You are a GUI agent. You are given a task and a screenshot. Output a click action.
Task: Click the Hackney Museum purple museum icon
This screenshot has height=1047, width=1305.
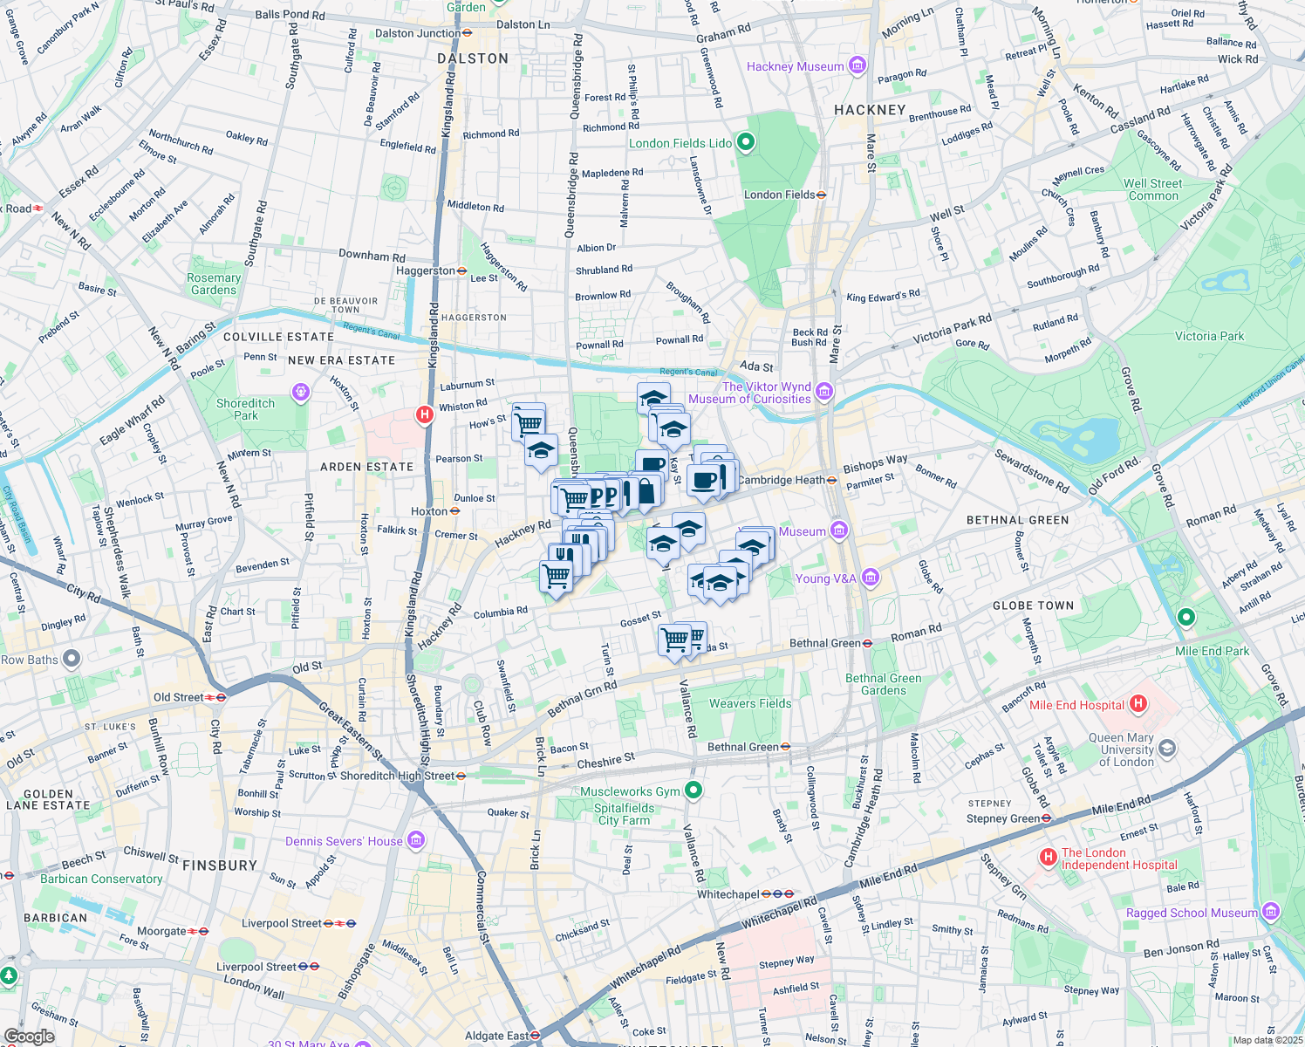857,65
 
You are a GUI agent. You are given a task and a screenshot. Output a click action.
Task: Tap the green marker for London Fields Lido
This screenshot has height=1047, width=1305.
745,142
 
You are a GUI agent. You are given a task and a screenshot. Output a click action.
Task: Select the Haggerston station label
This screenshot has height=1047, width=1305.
426,270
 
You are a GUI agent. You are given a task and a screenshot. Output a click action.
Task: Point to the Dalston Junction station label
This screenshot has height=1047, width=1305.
418,33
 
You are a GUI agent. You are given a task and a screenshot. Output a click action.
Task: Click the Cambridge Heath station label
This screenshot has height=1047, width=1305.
781,480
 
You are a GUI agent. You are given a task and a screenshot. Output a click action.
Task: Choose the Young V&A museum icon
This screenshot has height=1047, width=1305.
870,578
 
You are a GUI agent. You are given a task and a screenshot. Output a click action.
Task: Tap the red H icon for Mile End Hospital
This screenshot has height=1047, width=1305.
1138,703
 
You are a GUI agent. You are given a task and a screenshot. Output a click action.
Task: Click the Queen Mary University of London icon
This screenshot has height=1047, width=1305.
1167,749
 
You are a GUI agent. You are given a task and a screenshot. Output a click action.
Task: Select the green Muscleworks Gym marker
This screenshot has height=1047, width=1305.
693,790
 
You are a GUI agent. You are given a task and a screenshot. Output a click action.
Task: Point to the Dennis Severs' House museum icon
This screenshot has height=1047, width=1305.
416,840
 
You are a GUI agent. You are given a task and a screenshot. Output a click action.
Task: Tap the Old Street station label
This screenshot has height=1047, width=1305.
179,697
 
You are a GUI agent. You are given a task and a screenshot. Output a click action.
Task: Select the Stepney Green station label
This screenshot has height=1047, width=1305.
1003,818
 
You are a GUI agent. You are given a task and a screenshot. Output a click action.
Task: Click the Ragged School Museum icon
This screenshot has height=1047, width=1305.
1270,912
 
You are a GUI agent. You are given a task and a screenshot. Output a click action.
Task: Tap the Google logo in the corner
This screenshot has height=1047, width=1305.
29,1036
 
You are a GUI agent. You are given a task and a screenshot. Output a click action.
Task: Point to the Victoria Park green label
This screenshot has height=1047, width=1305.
1209,336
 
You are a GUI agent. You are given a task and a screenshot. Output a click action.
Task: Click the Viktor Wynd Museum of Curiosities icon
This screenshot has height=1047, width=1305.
824,392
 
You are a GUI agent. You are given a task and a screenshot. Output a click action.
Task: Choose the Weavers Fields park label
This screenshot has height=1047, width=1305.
750,703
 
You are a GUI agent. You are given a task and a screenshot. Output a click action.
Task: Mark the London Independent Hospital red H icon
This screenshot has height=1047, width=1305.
1049,858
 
